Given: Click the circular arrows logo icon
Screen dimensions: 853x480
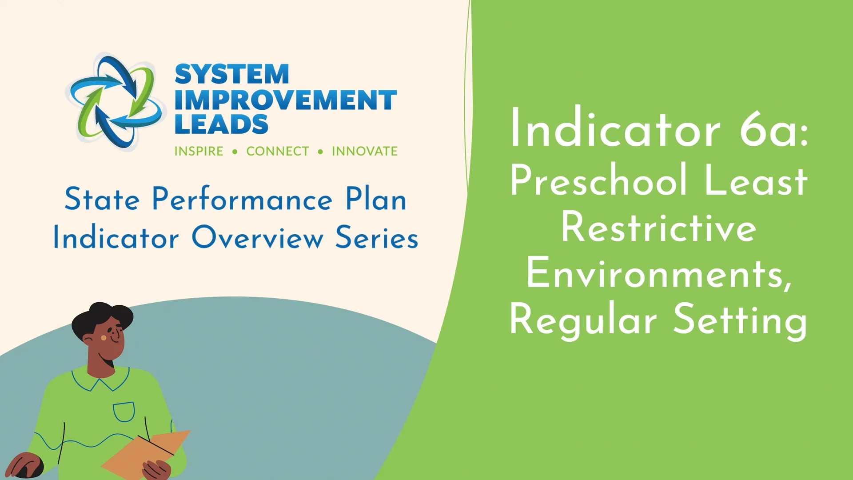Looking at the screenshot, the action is [x=115, y=101].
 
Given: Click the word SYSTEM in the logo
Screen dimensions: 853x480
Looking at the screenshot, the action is [x=232, y=74].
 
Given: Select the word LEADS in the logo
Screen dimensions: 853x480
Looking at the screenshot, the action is [x=221, y=124].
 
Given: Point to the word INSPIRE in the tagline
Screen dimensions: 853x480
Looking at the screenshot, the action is [x=199, y=152].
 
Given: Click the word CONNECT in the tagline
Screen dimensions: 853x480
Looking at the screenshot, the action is [x=278, y=152].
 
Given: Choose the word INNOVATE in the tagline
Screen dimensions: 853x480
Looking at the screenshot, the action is [x=365, y=152].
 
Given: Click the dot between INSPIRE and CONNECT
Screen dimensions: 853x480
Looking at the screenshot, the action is [x=235, y=152].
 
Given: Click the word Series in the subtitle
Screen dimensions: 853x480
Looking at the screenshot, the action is [x=377, y=237].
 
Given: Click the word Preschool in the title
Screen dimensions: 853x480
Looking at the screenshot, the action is [x=599, y=180].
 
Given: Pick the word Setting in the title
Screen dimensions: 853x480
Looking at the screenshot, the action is [x=740, y=321].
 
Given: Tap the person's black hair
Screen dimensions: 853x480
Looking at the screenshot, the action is [x=101, y=319].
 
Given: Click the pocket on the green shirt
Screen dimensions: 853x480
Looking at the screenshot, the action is [x=124, y=412].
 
